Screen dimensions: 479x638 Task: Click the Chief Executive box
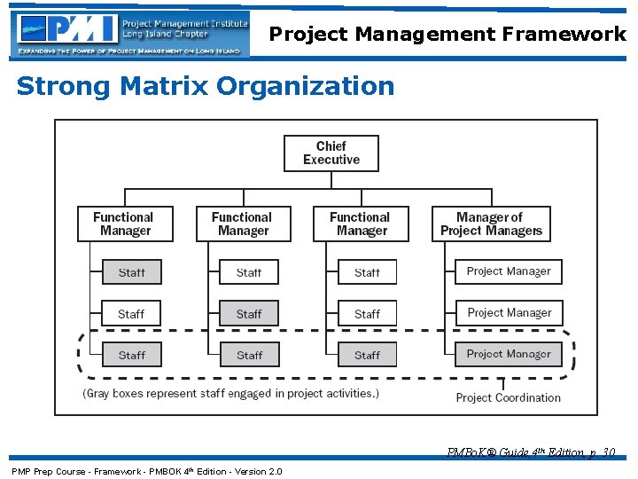331,153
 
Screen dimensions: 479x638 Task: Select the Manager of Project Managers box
491,224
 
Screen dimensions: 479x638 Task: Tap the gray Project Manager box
509,354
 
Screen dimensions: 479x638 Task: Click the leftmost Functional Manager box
124,224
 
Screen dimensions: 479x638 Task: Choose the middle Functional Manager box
243,224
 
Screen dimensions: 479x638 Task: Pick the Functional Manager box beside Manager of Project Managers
361,224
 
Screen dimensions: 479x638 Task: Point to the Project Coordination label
508,397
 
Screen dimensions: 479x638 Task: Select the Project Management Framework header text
447,34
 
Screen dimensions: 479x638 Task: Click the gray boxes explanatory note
230,393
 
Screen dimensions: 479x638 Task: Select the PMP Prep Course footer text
146,471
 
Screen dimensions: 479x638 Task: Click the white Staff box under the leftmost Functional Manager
131,313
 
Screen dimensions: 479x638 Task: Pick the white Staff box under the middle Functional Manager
249,271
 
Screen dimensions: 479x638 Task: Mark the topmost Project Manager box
509,271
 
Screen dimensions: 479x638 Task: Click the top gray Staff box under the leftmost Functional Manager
131,271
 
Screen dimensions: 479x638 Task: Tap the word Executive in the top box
331,161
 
